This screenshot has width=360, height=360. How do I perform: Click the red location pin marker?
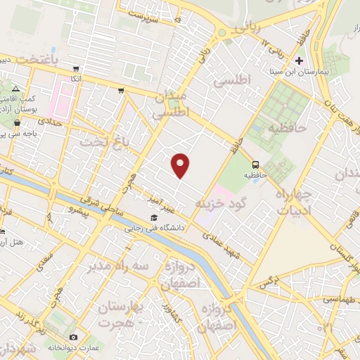(181, 165)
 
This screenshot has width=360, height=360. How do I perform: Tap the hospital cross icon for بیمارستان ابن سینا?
(300, 60)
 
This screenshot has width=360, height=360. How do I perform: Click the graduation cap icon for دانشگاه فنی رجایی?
(154, 217)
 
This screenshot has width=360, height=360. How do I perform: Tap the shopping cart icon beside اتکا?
(76, 69)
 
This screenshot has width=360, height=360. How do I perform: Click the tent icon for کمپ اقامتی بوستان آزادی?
(15, 89)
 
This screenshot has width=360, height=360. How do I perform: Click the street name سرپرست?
(155, 13)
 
